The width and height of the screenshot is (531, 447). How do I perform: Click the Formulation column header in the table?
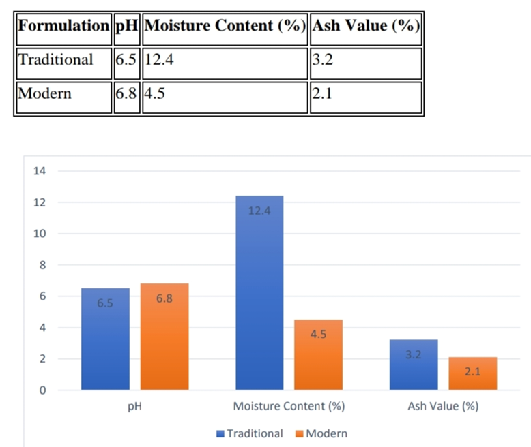tap(63, 27)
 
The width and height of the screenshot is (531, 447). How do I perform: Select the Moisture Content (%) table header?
tap(224, 27)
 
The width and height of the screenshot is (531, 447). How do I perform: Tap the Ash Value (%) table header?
tap(365, 27)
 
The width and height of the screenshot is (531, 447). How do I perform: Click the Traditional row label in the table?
tap(56, 60)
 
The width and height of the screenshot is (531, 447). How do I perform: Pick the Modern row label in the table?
tap(45, 93)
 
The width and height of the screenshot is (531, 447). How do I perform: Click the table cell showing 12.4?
tap(160, 60)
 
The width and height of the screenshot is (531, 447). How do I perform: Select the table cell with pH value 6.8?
tap(126, 93)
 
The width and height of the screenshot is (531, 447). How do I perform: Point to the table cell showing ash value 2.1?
tap(321, 93)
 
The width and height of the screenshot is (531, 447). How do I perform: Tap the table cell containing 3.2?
tap(321, 60)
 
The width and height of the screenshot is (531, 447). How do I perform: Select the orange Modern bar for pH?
tap(164, 337)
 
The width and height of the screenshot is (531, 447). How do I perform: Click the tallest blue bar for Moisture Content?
tap(259, 293)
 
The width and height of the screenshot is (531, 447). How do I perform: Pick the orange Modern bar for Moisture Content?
tap(318, 355)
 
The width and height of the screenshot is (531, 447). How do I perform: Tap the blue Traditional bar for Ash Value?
tap(414, 365)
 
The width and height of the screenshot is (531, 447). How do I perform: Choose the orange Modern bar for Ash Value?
tap(472, 373)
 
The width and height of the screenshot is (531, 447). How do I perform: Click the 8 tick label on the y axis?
tap(42, 265)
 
